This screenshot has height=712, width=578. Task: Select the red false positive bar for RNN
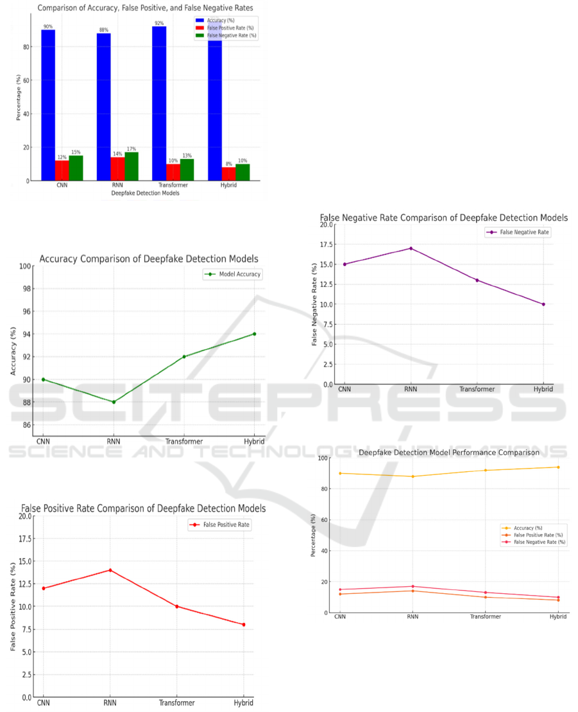pyautogui.click(x=117, y=168)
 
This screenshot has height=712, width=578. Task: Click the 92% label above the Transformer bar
pyautogui.click(x=159, y=23)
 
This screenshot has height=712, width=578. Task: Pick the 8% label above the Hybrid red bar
pyautogui.click(x=228, y=164)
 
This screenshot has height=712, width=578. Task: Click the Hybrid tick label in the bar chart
pyautogui.click(x=228, y=186)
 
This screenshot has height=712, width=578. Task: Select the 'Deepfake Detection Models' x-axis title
pyautogui.click(x=145, y=193)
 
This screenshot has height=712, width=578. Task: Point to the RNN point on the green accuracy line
pyautogui.click(x=114, y=402)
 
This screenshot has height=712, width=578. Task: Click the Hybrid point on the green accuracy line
pyautogui.click(x=255, y=334)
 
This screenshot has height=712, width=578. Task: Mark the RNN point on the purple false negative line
pyautogui.click(x=411, y=248)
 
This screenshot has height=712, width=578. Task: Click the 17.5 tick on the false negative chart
pyautogui.click(x=326, y=245)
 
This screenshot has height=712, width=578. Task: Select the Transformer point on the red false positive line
pyautogui.click(x=177, y=607)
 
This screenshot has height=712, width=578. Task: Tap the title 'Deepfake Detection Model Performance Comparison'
pyautogui.click(x=449, y=453)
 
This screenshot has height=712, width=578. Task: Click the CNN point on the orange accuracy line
pyautogui.click(x=339, y=473)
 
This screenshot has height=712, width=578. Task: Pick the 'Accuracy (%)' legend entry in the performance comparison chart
pyautogui.click(x=529, y=528)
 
